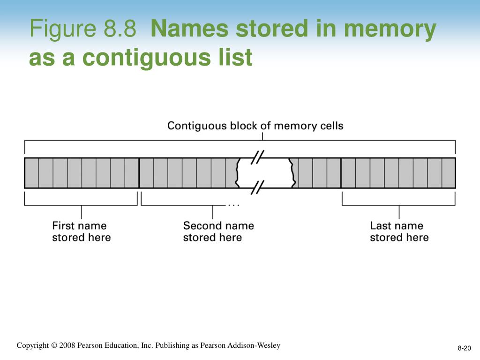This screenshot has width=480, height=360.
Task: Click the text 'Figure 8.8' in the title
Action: click(82, 30)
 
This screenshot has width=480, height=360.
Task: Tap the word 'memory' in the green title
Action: click(390, 30)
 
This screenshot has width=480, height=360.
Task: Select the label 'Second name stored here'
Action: click(218, 232)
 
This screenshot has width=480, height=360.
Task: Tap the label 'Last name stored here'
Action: click(399, 232)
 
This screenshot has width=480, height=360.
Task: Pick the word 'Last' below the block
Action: click(380, 225)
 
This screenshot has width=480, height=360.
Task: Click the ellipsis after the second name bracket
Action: click(233, 205)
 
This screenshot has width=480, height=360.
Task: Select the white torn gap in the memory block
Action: click(266, 172)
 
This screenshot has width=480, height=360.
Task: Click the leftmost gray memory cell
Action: click(31, 172)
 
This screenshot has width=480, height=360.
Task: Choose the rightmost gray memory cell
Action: click(449, 172)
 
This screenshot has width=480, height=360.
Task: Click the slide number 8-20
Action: click(464, 348)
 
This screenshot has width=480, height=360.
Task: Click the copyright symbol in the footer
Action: click(54, 345)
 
